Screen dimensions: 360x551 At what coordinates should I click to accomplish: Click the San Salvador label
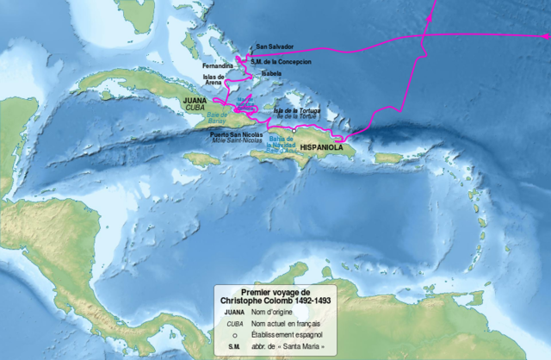(274, 47)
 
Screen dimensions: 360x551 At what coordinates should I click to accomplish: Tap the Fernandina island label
(217, 65)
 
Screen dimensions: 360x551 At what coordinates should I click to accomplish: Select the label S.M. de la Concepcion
(280, 61)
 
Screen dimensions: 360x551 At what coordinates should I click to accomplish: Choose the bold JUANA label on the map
(195, 101)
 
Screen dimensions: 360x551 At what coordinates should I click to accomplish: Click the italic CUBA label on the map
(195, 109)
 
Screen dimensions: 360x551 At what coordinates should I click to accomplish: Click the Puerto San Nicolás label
(236, 134)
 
